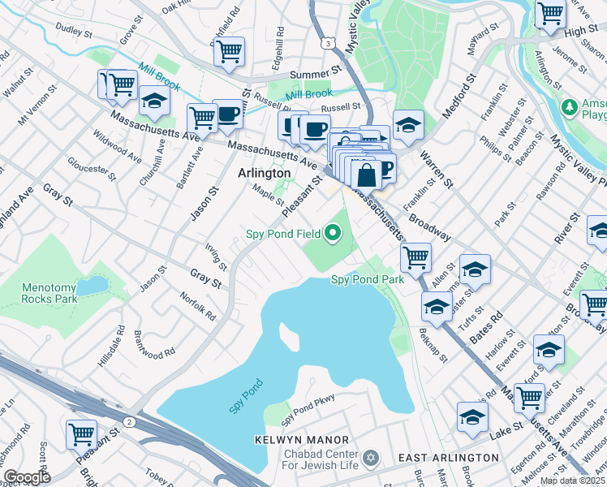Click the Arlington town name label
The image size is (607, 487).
pyautogui.click(x=264, y=173)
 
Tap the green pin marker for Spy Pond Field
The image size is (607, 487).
pyautogui.click(x=332, y=235)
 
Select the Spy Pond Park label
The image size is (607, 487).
pyautogui.click(x=367, y=279)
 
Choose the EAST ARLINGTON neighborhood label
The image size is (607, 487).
pyautogui.click(x=448, y=458)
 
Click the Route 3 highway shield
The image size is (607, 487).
pyautogui.click(x=326, y=41)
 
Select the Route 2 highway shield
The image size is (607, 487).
pyautogui.click(x=130, y=420)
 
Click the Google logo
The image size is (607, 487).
pyautogui.click(x=26, y=477)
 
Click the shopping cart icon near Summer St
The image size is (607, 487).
pyautogui.click(x=229, y=52)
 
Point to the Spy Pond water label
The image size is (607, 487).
pyautogui.click(x=245, y=395)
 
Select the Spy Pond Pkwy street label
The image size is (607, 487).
pyautogui.click(x=308, y=414)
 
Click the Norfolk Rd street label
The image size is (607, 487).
pyautogui.click(x=198, y=305)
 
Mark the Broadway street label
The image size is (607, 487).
pyautogui.click(x=430, y=226)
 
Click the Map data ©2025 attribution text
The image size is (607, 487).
pyautogui.click(x=572, y=481)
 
